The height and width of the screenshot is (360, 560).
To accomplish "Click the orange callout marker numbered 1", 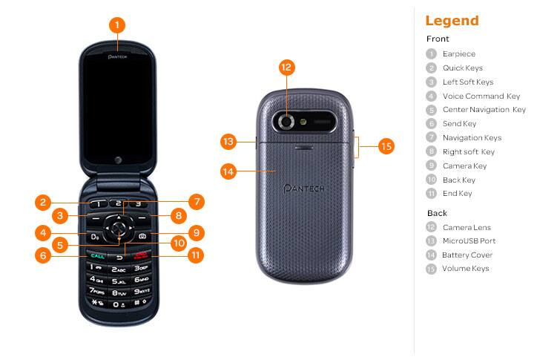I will pos(116,24).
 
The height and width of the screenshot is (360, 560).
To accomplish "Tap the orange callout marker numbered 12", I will pos(287,67).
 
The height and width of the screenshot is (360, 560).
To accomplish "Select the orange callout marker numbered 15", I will pos(386,146).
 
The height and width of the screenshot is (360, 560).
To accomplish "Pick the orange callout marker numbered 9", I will pos(196,233).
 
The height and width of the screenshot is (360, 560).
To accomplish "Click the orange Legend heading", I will pos(452,21).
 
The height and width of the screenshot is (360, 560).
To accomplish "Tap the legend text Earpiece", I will pos(458,54).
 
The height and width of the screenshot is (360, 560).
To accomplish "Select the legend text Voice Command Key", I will pos(481,96).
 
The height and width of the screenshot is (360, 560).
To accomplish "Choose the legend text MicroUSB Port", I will pos(469,241).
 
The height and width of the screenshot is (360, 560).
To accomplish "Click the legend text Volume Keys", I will pos(465,269).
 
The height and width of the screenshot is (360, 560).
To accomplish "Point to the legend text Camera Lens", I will pos(467,227).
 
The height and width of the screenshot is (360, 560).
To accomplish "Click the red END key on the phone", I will pos(140,256).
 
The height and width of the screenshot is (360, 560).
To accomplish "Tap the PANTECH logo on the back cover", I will pos(306,189).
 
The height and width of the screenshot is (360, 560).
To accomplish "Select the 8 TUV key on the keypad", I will pos(118,293).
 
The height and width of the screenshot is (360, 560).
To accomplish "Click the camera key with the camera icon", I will pos(142,237).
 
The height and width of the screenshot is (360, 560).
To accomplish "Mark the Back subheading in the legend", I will pos(437,213).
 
